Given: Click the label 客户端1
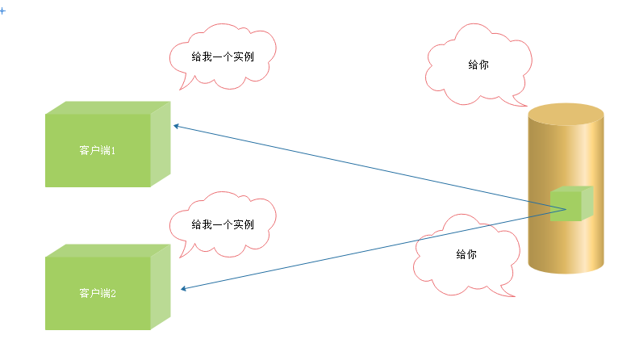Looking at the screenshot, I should pos(98,151).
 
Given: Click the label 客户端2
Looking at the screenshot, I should pos(98,293).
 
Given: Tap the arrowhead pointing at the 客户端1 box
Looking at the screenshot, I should pos(176,127).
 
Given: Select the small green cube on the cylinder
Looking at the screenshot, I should pos(570,204).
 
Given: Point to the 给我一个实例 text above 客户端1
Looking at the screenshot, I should pos(223,57).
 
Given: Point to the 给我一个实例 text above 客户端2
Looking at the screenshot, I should pos(223,224).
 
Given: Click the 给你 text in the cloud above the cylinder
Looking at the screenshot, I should pos(478,65).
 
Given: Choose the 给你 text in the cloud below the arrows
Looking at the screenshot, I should pos(466,254).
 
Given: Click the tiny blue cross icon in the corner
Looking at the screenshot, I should pos(2,10).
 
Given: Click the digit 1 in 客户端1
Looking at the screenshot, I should pos(114,151).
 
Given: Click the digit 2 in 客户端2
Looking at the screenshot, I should pos(114,293).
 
